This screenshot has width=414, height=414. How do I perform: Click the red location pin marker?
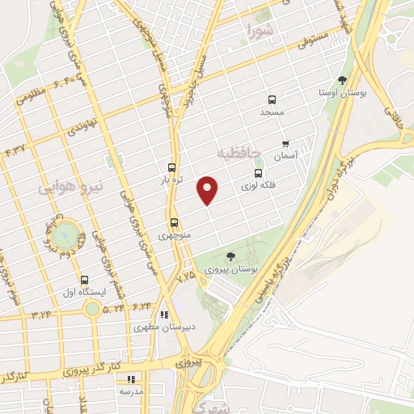[209, 189]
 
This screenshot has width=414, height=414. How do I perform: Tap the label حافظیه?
[242, 152]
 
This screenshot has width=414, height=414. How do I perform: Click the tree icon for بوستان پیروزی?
[231, 256]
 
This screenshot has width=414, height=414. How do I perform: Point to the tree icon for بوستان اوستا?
[342, 80]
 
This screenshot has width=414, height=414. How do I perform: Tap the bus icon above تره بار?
[171, 164]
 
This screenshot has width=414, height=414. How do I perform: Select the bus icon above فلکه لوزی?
[258, 173]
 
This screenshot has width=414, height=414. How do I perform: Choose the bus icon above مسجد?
[272, 100]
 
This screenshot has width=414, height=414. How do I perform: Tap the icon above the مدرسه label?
[130, 378]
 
